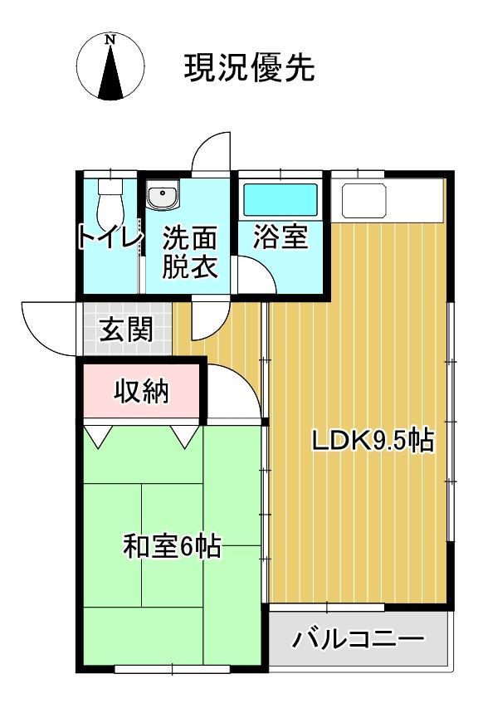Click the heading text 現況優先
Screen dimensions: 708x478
tap(249, 67)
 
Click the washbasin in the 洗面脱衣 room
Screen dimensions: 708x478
tap(162, 197)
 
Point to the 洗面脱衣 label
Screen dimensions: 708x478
tap(189, 253)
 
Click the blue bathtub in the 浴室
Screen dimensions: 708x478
tap(280, 200)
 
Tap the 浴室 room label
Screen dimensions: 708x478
tap(280, 238)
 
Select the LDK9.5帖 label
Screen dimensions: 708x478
tap(373, 441)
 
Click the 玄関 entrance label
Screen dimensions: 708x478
tap(126, 330)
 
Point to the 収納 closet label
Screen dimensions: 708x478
tap(141, 390)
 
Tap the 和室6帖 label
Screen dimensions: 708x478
tap(172, 547)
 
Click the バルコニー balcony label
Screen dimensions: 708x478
tap(358, 640)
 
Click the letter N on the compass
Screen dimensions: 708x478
tap(110, 38)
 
